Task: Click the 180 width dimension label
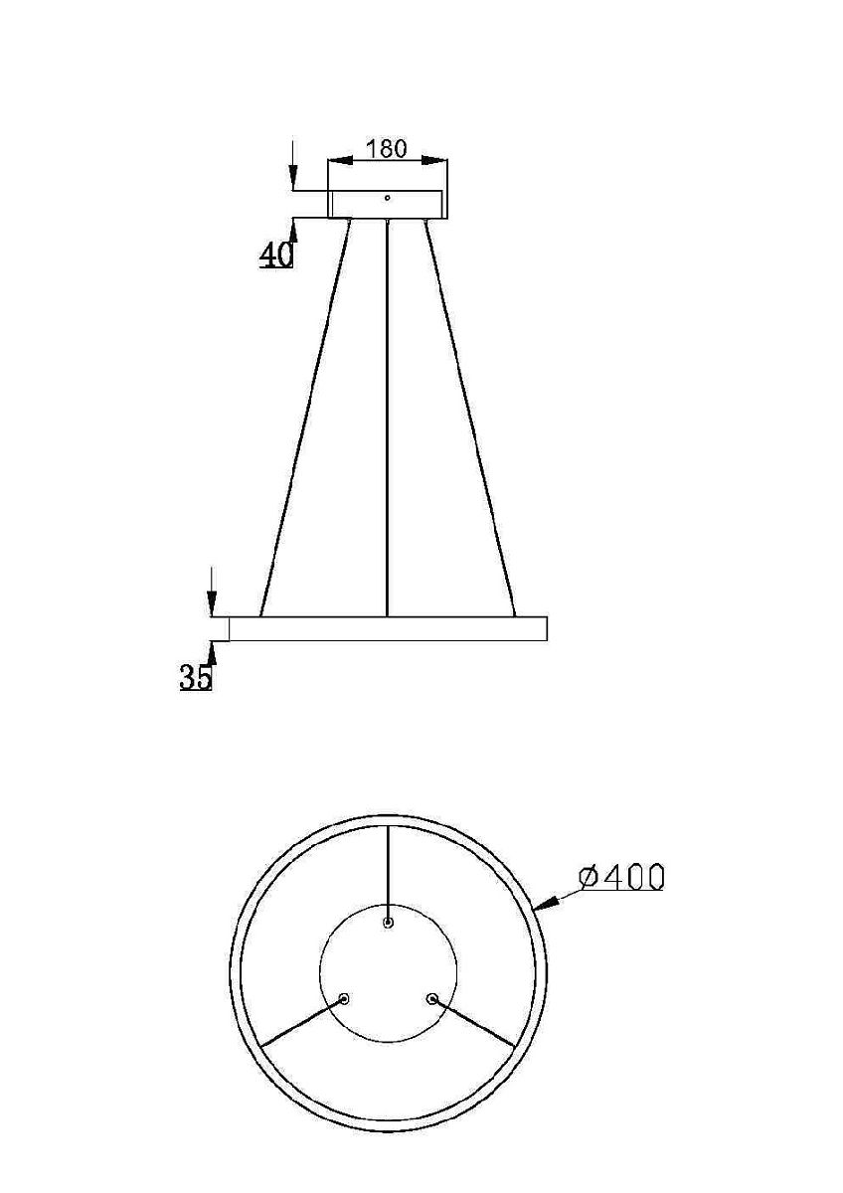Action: point(387,148)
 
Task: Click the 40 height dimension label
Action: point(276,255)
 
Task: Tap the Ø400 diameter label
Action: point(621,877)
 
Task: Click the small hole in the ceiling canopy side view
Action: point(388,197)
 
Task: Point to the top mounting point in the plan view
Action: point(389,923)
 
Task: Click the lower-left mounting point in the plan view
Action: point(345,998)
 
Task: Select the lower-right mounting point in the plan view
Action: point(432,998)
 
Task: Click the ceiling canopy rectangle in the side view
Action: point(388,205)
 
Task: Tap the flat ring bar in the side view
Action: point(388,628)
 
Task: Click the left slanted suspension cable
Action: point(305,418)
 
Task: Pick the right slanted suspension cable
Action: point(470,418)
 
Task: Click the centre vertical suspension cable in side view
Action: point(387,418)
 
